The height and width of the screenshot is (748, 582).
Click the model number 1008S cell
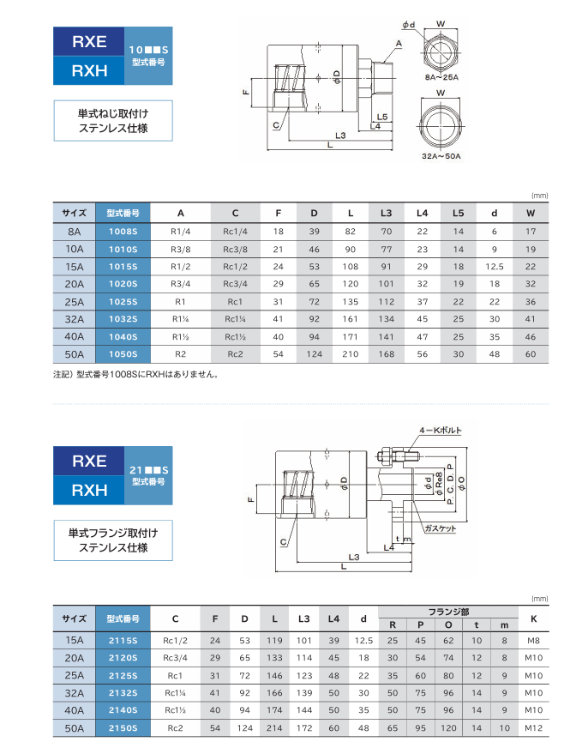click(x=123, y=232)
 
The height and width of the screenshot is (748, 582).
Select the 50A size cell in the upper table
click(x=75, y=353)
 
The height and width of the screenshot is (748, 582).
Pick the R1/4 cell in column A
click(x=180, y=232)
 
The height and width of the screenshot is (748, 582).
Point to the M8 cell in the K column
click(x=533, y=640)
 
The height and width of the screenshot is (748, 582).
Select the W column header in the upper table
click(x=530, y=213)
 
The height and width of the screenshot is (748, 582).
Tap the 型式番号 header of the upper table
click(x=123, y=213)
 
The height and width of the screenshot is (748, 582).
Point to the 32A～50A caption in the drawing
click(x=441, y=156)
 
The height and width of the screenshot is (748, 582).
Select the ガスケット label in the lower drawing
click(x=440, y=528)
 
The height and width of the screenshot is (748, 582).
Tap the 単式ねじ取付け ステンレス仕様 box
click(x=113, y=121)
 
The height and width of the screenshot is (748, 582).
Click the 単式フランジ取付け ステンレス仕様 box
click(x=113, y=540)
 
